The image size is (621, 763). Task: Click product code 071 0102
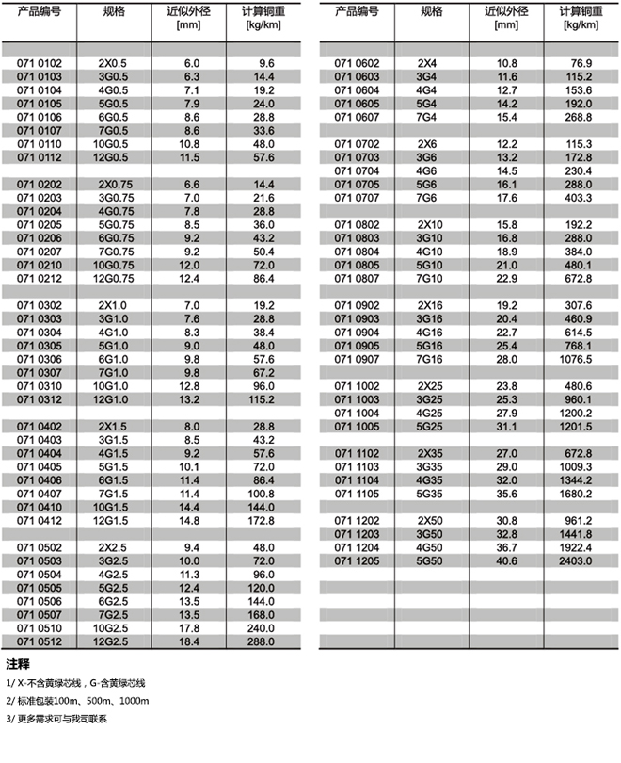(39, 63)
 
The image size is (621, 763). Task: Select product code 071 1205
(358, 561)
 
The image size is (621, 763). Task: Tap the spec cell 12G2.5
(112, 642)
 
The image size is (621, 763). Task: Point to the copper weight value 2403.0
(577, 561)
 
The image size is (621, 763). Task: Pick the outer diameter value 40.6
(507, 561)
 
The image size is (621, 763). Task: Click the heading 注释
(18, 664)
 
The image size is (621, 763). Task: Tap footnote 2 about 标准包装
(77, 701)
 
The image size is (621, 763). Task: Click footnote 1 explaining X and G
(76, 682)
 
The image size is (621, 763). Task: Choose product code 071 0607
(358, 117)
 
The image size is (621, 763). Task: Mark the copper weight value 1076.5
(577, 359)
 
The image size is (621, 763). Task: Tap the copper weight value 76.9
(577, 63)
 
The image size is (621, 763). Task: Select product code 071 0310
(39, 386)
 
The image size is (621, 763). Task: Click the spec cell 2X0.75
(112, 184)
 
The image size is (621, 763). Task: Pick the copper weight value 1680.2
(577, 494)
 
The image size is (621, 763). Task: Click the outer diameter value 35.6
(507, 494)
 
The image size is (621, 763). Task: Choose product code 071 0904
(358, 333)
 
